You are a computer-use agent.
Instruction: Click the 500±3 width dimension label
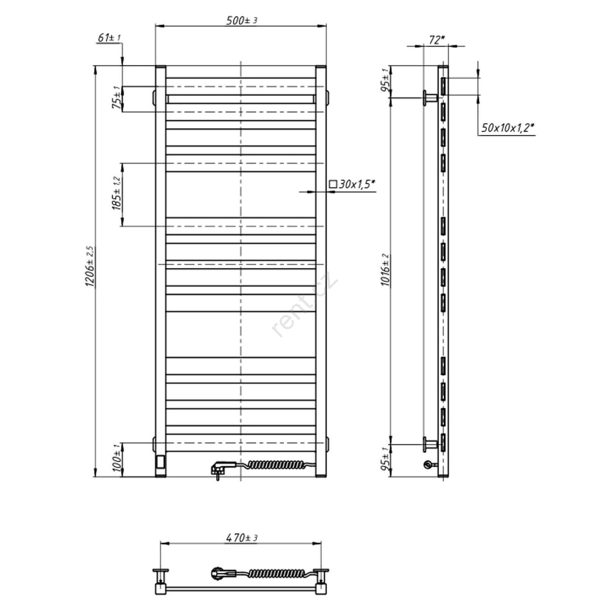pos(242,20)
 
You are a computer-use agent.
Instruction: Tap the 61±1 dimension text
pos(109,38)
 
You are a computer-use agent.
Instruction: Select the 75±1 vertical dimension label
pos(116,97)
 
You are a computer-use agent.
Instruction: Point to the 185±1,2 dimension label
pos(116,193)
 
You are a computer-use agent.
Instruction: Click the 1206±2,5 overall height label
pos(89,267)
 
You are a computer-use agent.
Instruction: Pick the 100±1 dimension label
pos(117,458)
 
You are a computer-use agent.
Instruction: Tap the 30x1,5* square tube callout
pos(353,184)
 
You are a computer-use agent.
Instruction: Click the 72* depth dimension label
pos(437,40)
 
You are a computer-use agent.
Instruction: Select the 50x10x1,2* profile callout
pos(507,128)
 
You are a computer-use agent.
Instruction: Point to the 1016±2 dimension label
pos(385,270)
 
